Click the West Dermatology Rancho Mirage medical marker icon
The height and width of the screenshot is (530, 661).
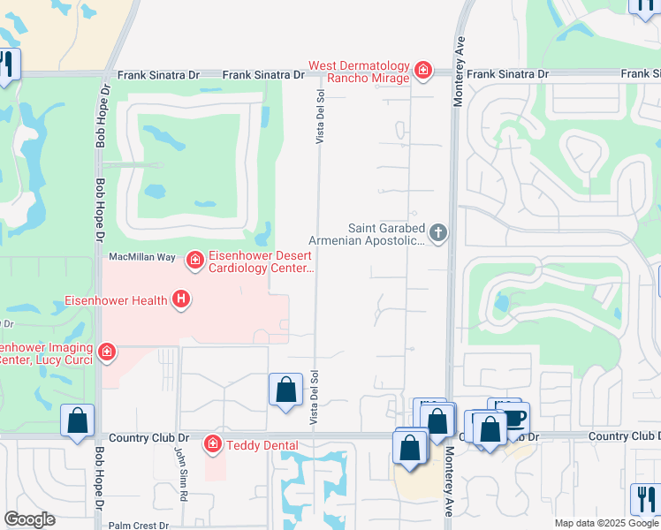[423, 69]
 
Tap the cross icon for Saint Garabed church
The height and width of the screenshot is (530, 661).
[438, 233]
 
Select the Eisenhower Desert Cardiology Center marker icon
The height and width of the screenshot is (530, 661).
[194, 260]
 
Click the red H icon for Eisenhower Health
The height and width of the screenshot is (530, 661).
[181, 300]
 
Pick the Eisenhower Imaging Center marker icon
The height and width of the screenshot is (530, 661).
[107, 352]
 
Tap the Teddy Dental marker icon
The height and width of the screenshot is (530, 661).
[212, 443]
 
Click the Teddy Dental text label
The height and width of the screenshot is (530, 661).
[262, 445]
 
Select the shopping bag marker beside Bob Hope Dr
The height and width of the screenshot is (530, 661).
[77, 420]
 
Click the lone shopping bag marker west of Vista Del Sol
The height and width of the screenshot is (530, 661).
[285, 390]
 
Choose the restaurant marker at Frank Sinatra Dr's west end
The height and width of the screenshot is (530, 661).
[5, 64]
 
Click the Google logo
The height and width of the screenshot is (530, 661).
[30, 519]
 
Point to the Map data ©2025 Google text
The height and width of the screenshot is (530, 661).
[606, 523]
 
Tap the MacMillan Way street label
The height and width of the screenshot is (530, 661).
[141, 256]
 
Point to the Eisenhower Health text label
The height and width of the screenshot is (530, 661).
[116, 300]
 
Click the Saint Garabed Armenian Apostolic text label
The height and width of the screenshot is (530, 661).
[367, 233]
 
